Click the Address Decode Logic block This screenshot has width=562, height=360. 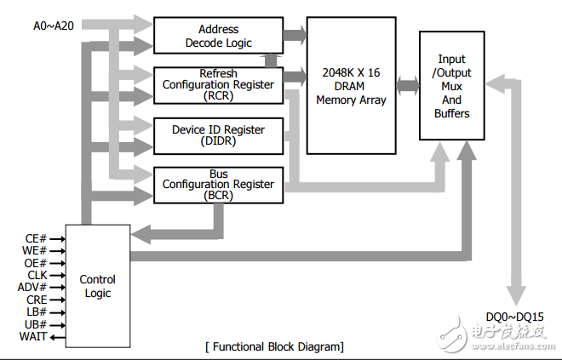point(218,36)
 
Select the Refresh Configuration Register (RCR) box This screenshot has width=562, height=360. point(218,84)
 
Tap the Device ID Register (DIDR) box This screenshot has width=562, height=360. point(218,134)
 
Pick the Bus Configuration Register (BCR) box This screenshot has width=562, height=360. point(218,184)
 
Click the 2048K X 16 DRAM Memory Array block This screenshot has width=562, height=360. point(351,86)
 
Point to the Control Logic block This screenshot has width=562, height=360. point(98,286)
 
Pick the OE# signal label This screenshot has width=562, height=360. point(33,263)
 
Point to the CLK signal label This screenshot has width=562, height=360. point(34,276)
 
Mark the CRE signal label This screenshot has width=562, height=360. point(34,300)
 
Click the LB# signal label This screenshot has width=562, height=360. point(34,312)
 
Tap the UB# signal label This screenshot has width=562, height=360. point(34,325)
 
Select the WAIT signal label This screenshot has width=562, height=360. point(32,337)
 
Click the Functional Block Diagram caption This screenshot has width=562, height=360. point(274,346)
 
